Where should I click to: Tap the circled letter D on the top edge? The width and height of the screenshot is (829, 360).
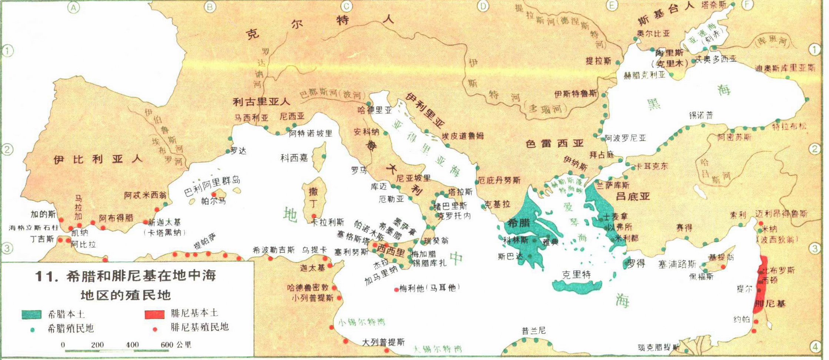[483, 6]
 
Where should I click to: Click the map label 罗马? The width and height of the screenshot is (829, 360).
[359, 170]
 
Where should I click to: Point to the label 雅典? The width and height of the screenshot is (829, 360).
[550, 242]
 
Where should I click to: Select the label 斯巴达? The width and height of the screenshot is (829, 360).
[511, 256]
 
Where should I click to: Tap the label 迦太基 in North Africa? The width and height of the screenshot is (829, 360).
[312, 268]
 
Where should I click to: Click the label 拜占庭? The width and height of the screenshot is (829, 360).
[602, 155]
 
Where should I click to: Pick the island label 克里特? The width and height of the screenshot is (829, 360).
[576, 274]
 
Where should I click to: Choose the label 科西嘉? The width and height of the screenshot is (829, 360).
[294, 159]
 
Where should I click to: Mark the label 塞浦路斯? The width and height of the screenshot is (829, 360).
[677, 264]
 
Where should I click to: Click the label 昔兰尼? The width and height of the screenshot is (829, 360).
[534, 331]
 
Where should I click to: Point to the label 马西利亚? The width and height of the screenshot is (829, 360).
[251, 118]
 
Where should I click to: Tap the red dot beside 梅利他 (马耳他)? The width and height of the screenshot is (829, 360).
[396, 289]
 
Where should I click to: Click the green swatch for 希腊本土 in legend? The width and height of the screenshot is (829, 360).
[31, 314]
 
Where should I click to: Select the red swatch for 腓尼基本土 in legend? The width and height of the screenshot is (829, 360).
[154, 314]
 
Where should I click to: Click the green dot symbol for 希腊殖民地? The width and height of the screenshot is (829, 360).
[32, 329]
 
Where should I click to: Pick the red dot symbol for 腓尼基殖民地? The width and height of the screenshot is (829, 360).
[155, 329]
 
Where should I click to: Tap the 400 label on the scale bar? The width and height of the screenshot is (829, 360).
[132, 344]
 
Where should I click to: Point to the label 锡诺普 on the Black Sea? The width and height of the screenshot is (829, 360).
[701, 115]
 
